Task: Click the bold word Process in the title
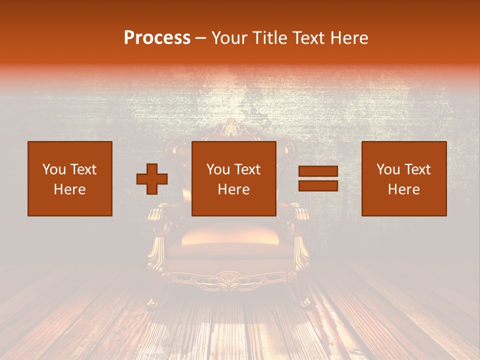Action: tap(157, 38)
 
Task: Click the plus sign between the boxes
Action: tap(152, 179)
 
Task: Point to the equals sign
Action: tap(318, 179)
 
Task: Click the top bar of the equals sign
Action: tap(318, 172)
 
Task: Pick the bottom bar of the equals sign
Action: tap(318, 185)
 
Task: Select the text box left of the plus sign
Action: tap(70, 179)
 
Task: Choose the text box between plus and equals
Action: tap(234, 179)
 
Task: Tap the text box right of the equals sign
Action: tap(404, 179)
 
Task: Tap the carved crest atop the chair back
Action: tap(230, 129)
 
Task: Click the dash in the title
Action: tap(200, 38)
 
